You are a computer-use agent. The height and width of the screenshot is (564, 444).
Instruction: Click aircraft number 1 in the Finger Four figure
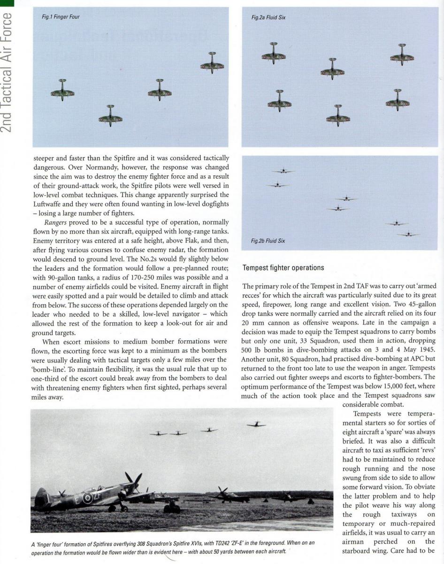point(110,117)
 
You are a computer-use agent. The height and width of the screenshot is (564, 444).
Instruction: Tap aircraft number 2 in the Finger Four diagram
point(62,91)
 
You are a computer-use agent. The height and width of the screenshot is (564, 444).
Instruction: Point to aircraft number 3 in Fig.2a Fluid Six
point(280,102)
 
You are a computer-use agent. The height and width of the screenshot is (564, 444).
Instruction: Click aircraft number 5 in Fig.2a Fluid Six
point(398,102)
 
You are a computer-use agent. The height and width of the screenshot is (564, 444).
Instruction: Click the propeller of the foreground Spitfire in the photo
point(132,483)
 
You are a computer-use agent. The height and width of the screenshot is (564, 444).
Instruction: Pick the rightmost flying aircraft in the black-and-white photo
point(256,424)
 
